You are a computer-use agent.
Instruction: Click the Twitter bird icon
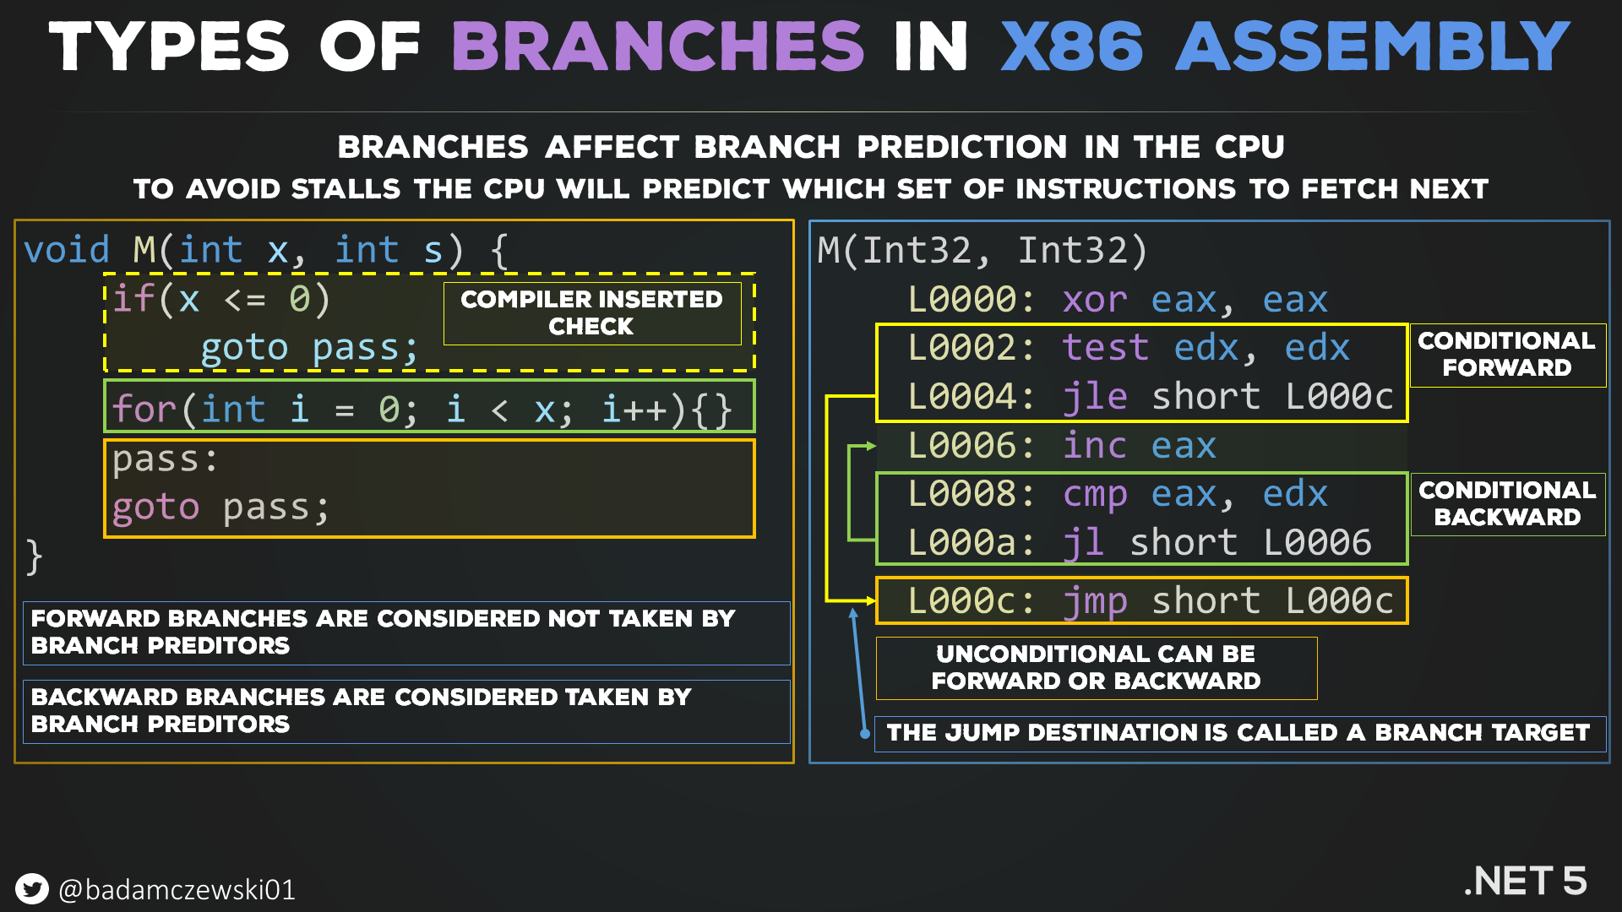coord(32,889)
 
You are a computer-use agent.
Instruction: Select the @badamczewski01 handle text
coord(177,890)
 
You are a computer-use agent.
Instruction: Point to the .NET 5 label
coord(1526,881)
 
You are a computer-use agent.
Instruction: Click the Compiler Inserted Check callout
coord(591,312)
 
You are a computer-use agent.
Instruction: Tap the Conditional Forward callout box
coord(1507,355)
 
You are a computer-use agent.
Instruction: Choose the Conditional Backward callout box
coord(1507,504)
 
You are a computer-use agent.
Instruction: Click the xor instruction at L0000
coord(1095,301)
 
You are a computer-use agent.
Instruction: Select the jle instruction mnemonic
coord(1095,397)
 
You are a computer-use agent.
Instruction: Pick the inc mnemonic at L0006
coord(1095,446)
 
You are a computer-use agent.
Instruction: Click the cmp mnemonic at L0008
coord(1095,495)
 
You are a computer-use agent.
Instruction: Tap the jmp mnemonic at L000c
coord(1095,601)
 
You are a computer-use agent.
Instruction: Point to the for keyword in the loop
coord(144,410)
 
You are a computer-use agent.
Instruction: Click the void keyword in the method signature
coord(67,251)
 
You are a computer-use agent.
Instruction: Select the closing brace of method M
coord(34,556)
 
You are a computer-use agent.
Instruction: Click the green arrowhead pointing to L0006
coord(871,446)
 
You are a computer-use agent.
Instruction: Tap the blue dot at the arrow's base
coord(865,734)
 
